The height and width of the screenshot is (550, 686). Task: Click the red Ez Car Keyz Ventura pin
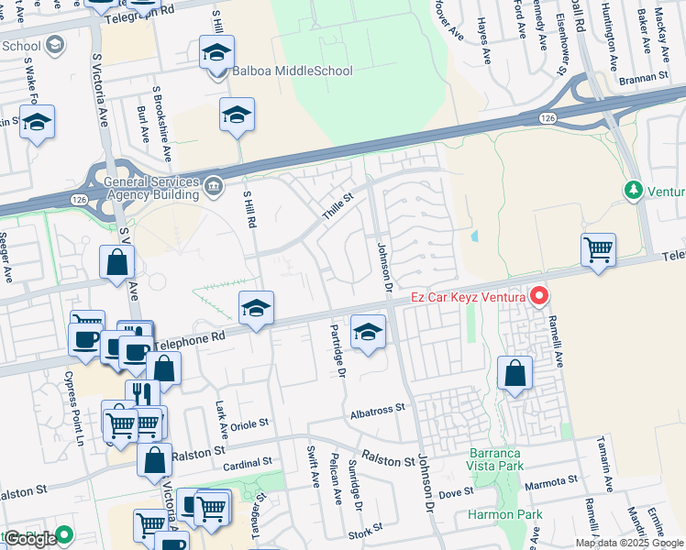(x=539, y=296)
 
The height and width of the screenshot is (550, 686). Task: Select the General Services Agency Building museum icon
(x=214, y=186)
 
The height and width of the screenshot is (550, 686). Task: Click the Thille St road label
(x=337, y=206)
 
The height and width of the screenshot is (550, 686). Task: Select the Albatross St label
(x=377, y=411)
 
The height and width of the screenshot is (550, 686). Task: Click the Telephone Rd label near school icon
(x=191, y=339)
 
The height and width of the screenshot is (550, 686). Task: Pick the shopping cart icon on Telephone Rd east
(x=598, y=248)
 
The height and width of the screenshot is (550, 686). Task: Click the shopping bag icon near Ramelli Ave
(x=515, y=373)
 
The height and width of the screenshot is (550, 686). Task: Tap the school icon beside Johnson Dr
(x=368, y=332)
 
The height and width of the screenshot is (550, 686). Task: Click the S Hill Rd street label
(x=249, y=210)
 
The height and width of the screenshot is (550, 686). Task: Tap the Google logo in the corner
(x=30, y=539)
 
